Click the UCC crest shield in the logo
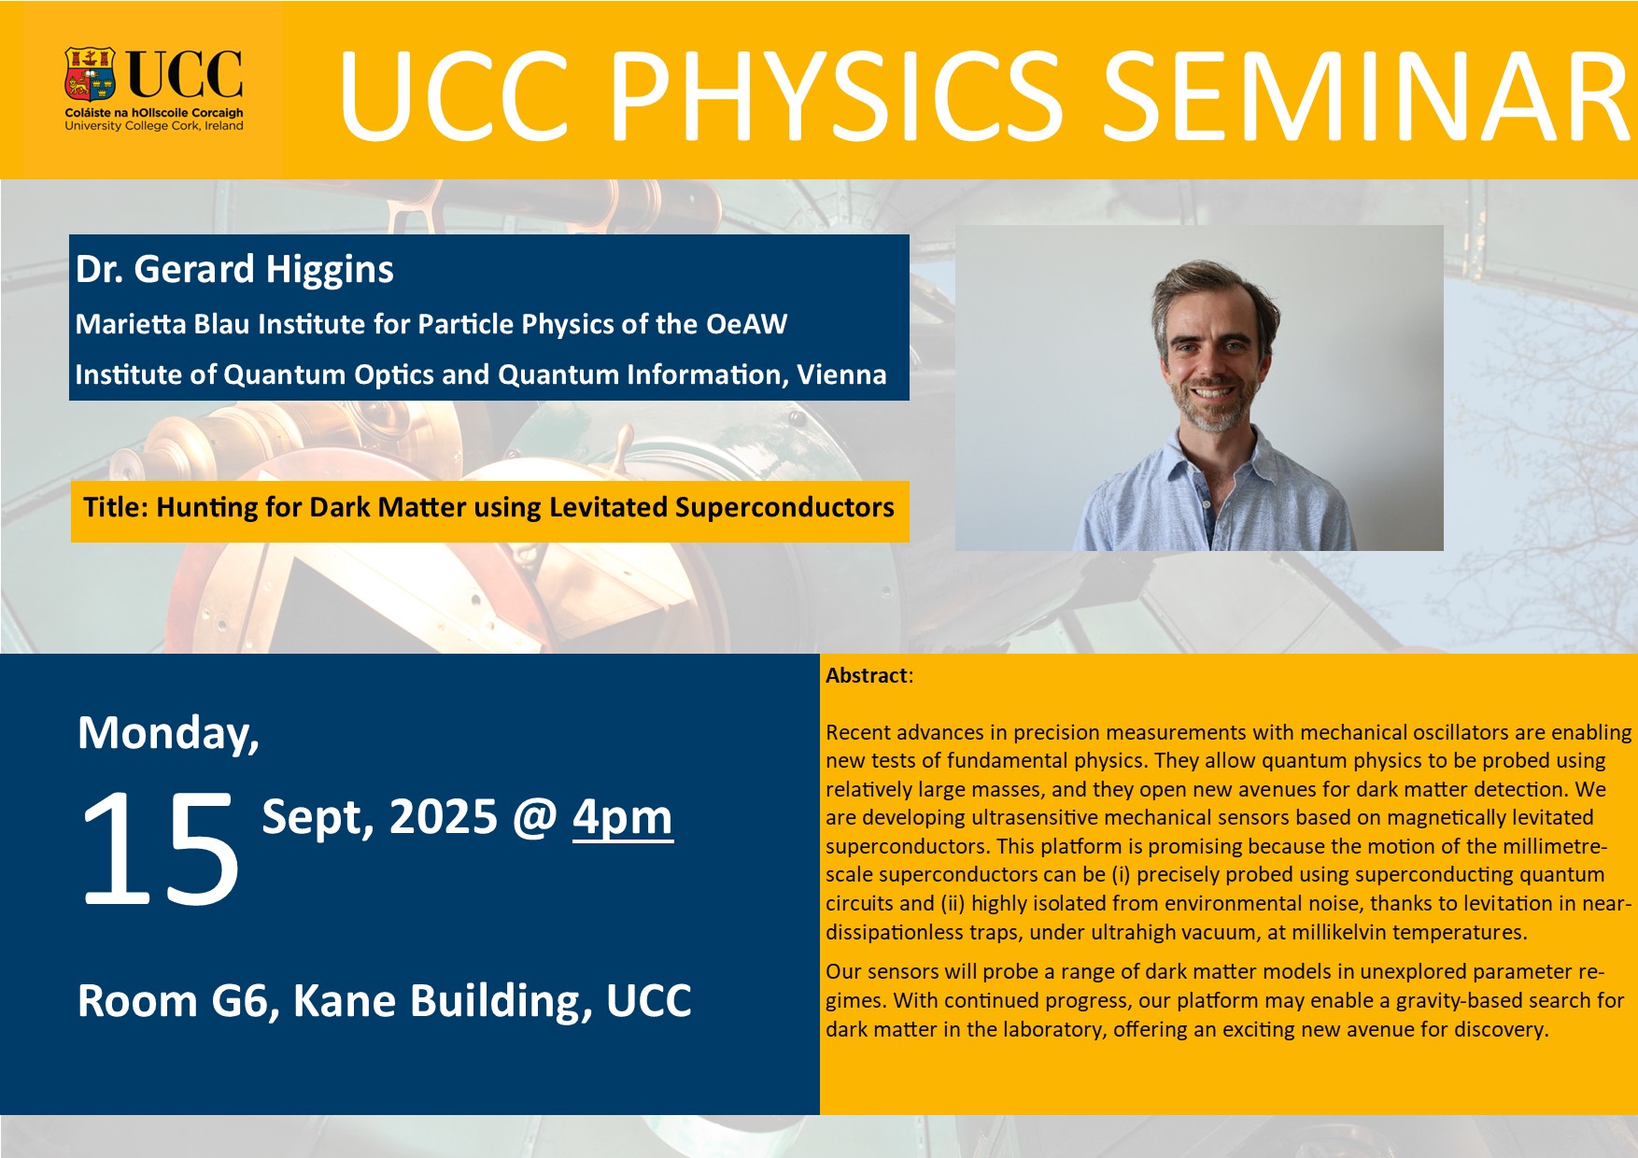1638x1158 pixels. pyautogui.click(x=90, y=74)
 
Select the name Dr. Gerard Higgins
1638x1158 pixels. pyautogui.click(x=234, y=270)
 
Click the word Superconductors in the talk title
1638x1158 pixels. pyautogui.click(x=784, y=507)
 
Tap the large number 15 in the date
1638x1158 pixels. pyautogui.click(x=160, y=847)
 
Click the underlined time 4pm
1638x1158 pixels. pyautogui.click(x=623, y=817)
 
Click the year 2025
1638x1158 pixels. pyautogui.click(x=443, y=817)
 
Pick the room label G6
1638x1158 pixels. pyautogui.click(x=246, y=1001)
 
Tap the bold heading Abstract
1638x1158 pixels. pyautogui.click(x=867, y=675)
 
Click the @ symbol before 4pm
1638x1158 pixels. pyautogui.click(x=534, y=818)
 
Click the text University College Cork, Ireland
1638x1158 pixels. pyautogui.click(x=154, y=126)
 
